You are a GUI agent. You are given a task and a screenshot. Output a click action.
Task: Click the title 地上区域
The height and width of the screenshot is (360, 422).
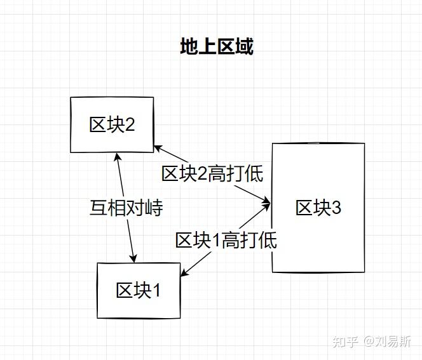pyautogui.click(x=217, y=47)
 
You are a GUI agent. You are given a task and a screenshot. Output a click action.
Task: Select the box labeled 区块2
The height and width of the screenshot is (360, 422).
pyautogui.click(x=112, y=124)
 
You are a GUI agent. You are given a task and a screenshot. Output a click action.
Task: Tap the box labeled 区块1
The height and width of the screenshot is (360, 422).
pyautogui.click(x=138, y=290)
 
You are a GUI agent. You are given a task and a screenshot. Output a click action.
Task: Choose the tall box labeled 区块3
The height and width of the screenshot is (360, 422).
pyautogui.click(x=318, y=208)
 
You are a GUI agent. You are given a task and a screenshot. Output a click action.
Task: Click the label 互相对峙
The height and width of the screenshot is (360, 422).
pyautogui.click(x=126, y=208)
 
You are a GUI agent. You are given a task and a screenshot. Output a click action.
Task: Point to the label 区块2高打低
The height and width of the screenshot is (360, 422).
pyautogui.click(x=212, y=174)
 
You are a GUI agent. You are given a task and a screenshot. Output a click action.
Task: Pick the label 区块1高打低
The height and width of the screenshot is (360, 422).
pyautogui.click(x=226, y=240)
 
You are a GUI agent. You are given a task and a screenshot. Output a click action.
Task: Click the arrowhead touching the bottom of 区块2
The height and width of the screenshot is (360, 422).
pyautogui.click(x=116, y=156)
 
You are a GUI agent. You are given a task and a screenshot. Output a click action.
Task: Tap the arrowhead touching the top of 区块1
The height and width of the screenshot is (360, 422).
pyautogui.click(x=133, y=258)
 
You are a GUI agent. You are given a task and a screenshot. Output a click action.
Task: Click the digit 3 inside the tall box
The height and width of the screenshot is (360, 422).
pyautogui.click(x=336, y=208)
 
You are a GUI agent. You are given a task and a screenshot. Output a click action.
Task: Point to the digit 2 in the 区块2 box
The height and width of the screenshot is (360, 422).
pyautogui.click(x=130, y=124)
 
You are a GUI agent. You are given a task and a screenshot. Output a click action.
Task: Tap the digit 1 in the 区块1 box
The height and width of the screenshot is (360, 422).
pyautogui.click(x=156, y=290)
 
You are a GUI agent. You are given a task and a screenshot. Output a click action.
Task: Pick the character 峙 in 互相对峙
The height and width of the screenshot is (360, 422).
pyautogui.click(x=154, y=208)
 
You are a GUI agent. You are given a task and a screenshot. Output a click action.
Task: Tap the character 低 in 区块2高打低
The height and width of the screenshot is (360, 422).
pyautogui.click(x=254, y=174)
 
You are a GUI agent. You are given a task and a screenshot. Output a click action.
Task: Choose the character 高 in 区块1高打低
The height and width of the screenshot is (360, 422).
pyautogui.click(x=231, y=240)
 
